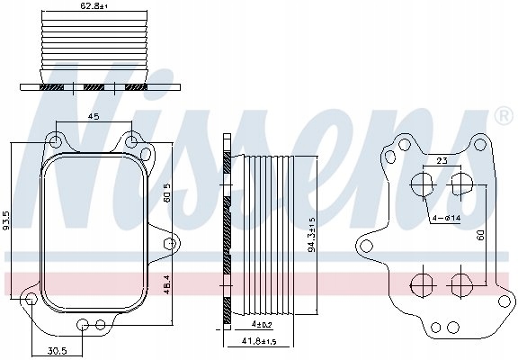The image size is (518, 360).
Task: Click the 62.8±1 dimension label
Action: click(x=94, y=5)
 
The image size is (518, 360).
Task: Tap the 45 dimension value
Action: click(x=94, y=116)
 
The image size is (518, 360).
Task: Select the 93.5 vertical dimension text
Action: click(x=6, y=220)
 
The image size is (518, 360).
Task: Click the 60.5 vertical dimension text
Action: click(x=167, y=193)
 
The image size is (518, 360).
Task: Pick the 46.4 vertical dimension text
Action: click(x=167, y=284)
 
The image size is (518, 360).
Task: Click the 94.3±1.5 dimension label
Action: click(x=312, y=234)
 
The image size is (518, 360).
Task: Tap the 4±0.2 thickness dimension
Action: click(x=262, y=325)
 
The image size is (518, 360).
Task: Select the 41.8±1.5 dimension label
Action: click(x=259, y=341)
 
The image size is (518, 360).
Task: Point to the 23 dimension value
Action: click(x=442, y=161)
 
